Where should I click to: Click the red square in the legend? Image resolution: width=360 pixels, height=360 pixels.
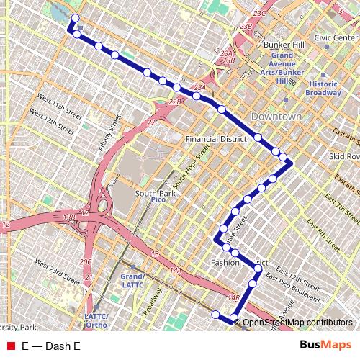coord(10,346)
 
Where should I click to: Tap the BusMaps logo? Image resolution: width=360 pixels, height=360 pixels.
coord(320,346)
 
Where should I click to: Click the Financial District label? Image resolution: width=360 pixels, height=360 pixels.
coord(216,138)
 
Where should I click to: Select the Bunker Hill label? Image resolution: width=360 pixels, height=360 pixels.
coord(280,45)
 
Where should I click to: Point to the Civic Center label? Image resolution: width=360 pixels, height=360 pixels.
coord(336,37)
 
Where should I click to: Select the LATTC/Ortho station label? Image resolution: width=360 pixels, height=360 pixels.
coord(96,320)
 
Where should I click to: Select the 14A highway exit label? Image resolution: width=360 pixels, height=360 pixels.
coord(176,270)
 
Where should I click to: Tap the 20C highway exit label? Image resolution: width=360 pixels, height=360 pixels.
coord(86,261)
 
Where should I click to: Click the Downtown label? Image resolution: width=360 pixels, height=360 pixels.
coord(276,117)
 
